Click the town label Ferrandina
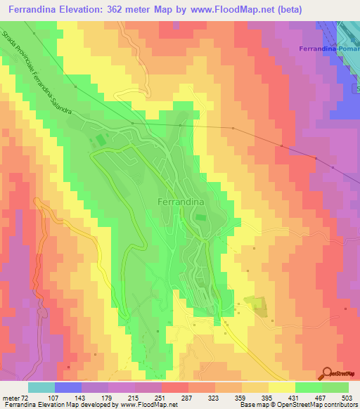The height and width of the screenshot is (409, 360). [177, 202]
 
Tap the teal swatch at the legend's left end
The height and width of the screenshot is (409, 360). [41, 387]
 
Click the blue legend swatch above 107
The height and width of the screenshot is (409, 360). [68, 387]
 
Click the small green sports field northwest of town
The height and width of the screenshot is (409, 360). [101, 141]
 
